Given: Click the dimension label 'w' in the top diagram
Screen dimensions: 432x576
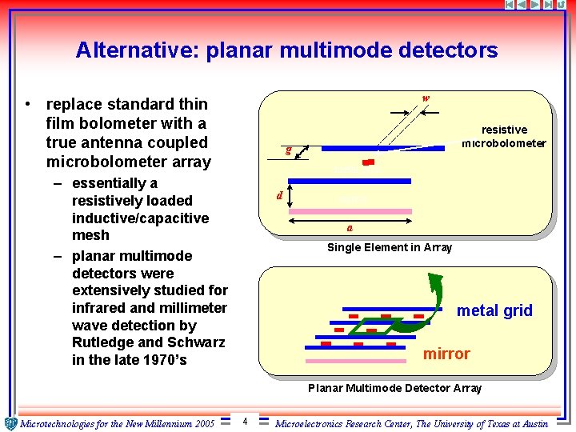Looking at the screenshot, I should (x=426, y=99).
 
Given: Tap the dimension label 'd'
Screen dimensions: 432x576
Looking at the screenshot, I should (x=278, y=195).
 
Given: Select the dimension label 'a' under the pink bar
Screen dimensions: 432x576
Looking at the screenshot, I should (x=350, y=227).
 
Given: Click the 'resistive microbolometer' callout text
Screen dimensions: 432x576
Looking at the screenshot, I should (x=504, y=136).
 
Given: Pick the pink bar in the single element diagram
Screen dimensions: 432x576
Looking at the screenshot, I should (x=350, y=212).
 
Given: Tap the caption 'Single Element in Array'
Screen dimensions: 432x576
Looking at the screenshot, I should (x=390, y=247).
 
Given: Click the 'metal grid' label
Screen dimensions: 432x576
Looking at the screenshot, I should (x=494, y=310).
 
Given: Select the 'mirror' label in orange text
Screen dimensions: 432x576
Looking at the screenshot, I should (x=446, y=354).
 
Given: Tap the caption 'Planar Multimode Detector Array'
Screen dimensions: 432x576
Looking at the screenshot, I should (x=394, y=388).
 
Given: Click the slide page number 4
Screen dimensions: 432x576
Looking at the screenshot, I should (x=244, y=421).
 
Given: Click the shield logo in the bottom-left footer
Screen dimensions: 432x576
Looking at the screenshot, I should (x=10, y=423).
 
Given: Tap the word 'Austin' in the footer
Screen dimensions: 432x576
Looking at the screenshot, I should (x=531, y=423).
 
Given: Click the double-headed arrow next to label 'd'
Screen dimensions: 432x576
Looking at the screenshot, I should (x=289, y=197).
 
